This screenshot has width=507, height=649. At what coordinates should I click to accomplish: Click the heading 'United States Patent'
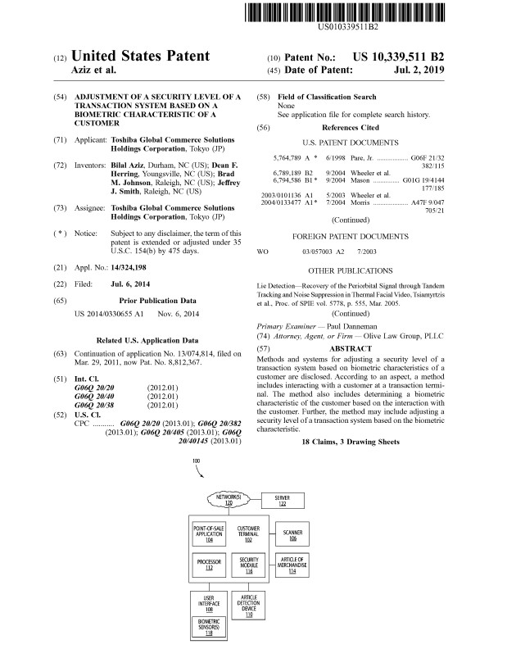pyautogui.click(x=141, y=57)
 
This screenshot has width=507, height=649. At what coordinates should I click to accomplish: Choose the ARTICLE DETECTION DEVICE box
pyautogui.click(x=249, y=604)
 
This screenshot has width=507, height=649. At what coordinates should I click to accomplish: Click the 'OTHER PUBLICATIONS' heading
pyautogui.click(x=351, y=270)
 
